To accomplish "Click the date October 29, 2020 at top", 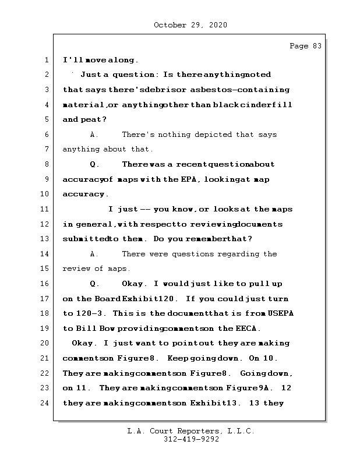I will [190, 25].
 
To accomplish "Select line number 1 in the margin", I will [45, 60].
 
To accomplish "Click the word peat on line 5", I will [85, 119].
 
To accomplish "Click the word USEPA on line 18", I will [281, 313].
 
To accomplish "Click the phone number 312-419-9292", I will [190, 440].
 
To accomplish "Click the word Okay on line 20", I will [83, 343].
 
